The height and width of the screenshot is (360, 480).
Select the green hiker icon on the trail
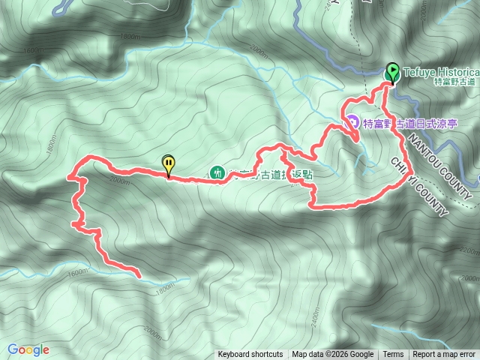click(x=217, y=172)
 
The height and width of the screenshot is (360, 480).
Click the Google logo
click(x=28, y=349)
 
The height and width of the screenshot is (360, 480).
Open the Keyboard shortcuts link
click(x=250, y=355)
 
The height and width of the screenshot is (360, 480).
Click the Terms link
click(x=393, y=355)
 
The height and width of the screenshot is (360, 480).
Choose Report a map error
click(x=444, y=355)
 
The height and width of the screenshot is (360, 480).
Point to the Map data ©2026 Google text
click(x=332, y=355)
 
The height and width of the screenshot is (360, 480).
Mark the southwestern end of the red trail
click(x=139, y=276)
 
